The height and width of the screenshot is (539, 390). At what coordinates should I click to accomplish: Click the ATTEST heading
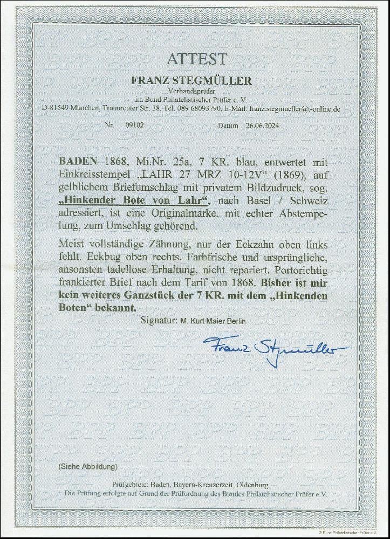pos(195,59)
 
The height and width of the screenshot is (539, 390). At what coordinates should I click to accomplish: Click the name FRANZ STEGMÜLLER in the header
pos(195,81)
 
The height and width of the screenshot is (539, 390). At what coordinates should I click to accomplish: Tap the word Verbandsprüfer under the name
pos(195,91)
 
